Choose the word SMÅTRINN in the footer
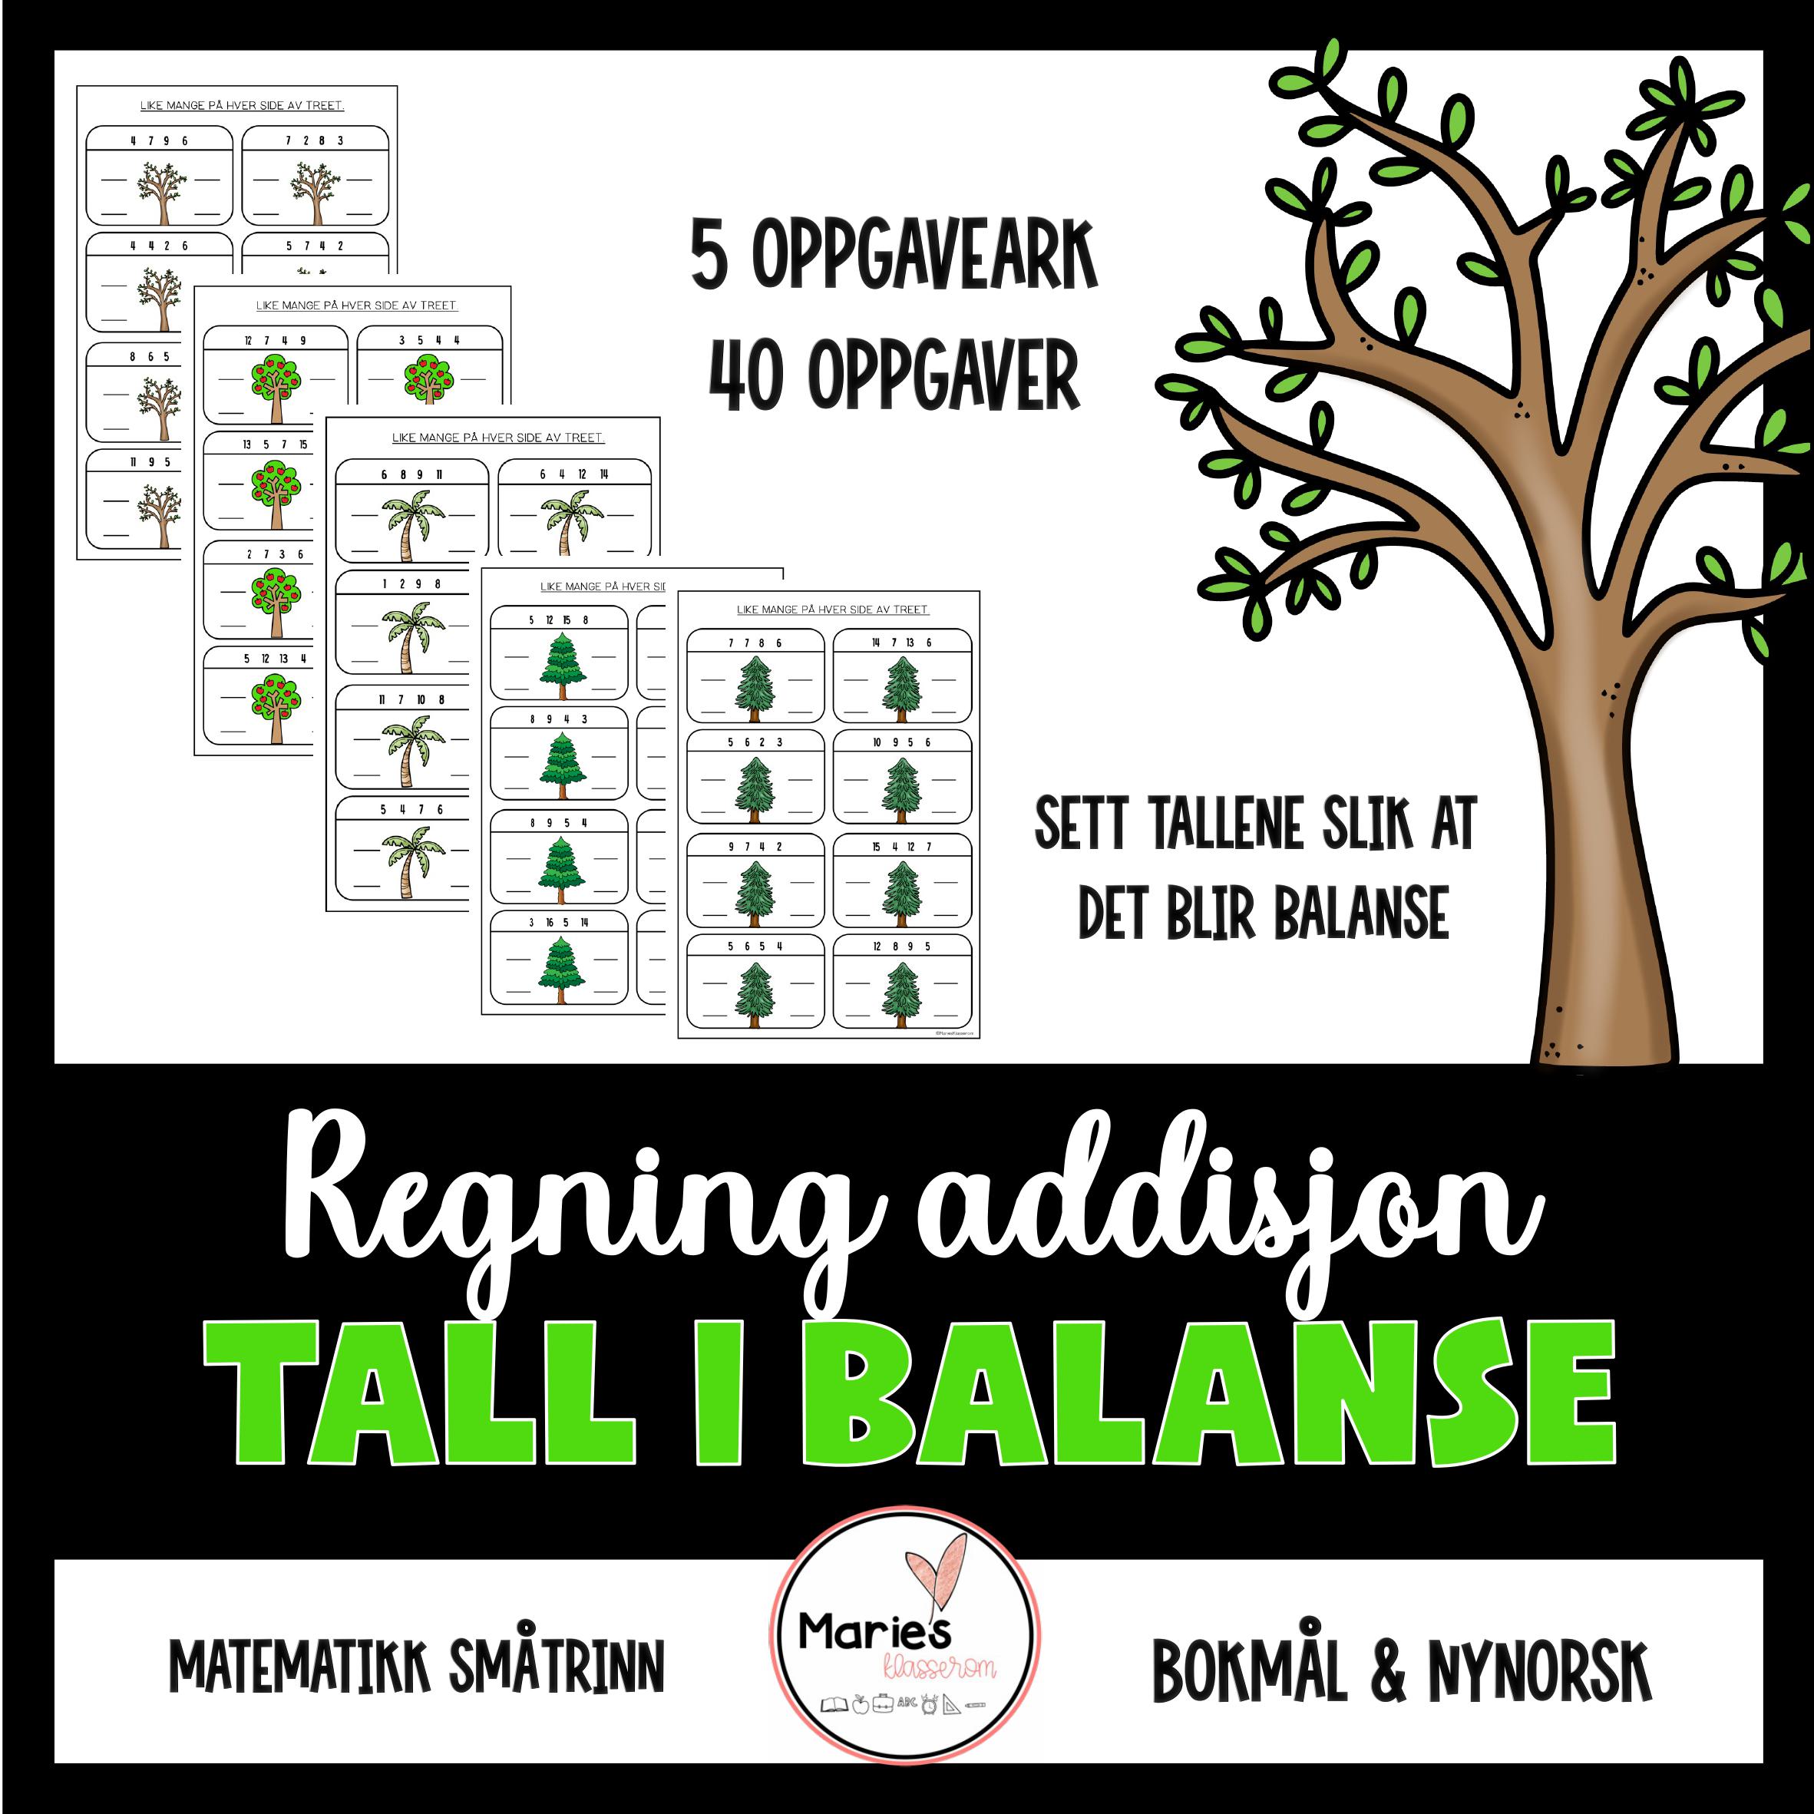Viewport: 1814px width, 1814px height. click(x=556, y=1667)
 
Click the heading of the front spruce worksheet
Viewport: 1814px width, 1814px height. click(x=832, y=610)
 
